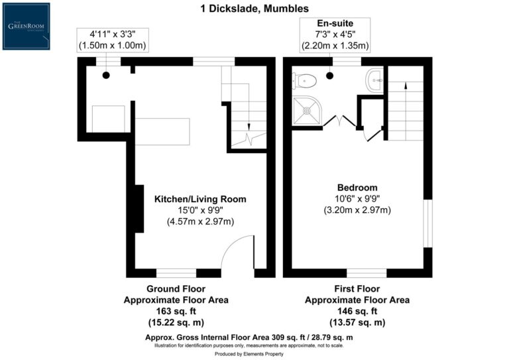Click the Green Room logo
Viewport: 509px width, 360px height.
click(x=26, y=26)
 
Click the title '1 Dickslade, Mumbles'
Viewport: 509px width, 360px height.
click(x=254, y=9)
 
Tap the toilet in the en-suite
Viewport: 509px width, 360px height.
click(x=305, y=81)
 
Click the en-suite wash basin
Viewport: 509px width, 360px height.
click(x=373, y=80)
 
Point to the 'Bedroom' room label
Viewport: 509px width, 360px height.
click(x=357, y=188)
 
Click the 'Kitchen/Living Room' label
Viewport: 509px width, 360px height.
click(x=200, y=199)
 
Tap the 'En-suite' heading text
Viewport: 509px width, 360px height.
click(x=335, y=23)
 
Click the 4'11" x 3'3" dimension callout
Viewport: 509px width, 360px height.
click(x=112, y=40)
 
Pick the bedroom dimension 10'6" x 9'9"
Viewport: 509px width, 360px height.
click(x=357, y=199)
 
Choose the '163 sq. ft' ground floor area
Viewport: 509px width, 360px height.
click(x=176, y=311)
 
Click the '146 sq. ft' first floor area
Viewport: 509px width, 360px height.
click(x=357, y=311)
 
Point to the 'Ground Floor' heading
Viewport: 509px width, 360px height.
click(x=176, y=289)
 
